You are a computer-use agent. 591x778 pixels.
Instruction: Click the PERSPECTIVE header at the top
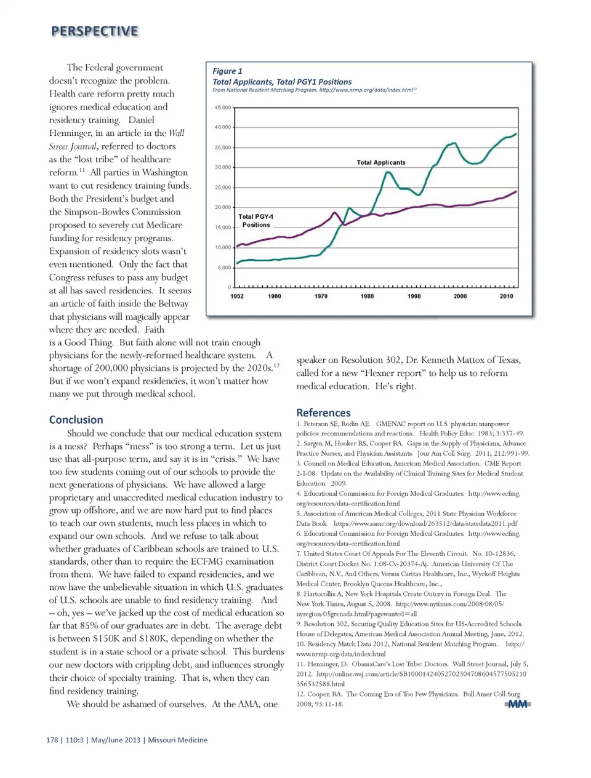point(95,31)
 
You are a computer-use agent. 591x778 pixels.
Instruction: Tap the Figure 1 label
point(227,71)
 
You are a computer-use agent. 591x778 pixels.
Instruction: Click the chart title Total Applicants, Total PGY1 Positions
point(282,82)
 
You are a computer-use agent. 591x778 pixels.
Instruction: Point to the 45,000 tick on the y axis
point(222,108)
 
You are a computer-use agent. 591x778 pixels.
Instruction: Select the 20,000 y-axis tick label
point(222,207)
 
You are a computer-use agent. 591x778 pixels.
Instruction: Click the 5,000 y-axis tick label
point(224,268)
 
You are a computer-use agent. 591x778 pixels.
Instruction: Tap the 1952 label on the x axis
point(237,296)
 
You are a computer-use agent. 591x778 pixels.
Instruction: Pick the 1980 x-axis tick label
point(367,296)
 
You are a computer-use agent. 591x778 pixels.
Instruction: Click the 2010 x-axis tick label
point(506,296)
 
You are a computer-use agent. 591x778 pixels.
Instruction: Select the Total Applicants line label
point(381,163)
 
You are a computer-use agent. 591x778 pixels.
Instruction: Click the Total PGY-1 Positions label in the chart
point(256,221)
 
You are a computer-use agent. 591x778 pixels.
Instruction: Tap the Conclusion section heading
point(76,420)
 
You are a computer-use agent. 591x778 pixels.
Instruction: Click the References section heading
point(323,413)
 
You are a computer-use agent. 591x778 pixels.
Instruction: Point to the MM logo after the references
point(518,704)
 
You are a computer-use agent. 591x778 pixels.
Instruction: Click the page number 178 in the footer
point(52,740)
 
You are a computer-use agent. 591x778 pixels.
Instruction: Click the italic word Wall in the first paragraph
point(176,133)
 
